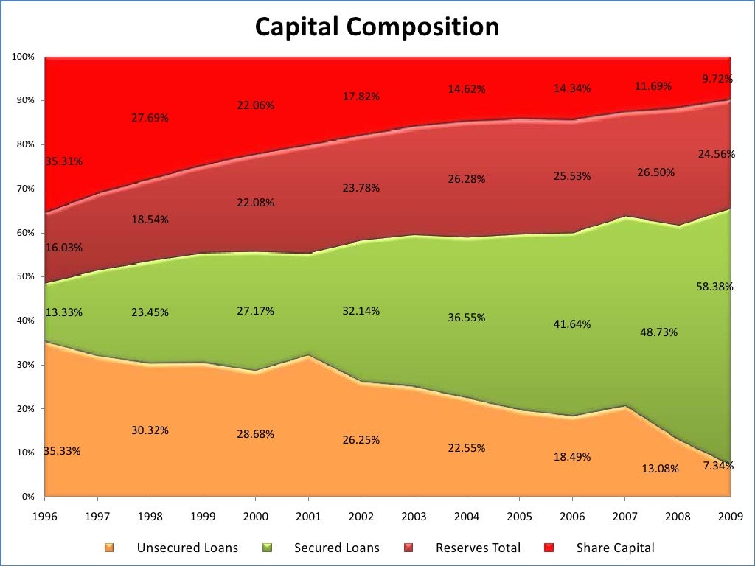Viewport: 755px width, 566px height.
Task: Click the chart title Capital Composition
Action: [377, 27]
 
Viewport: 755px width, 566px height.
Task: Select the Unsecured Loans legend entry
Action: [187, 548]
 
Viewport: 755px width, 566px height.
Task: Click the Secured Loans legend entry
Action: [336, 548]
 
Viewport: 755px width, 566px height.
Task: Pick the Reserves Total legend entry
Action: [478, 548]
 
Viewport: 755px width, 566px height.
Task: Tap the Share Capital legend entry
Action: [615, 548]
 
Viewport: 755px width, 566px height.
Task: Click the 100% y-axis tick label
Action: [24, 57]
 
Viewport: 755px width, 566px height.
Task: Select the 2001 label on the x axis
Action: [308, 515]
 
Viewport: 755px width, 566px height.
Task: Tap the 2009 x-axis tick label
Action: [729, 515]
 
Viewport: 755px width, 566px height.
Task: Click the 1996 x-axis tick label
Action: [45, 515]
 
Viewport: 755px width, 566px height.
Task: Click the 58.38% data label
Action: [714, 287]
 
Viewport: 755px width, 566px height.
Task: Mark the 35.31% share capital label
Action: [64, 161]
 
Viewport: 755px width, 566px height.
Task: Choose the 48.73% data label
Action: [658, 332]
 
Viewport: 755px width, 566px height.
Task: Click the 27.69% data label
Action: [150, 117]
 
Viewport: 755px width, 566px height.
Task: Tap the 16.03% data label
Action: [64, 248]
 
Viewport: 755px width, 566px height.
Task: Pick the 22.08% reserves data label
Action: [255, 203]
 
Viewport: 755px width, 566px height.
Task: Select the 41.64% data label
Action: [572, 324]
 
